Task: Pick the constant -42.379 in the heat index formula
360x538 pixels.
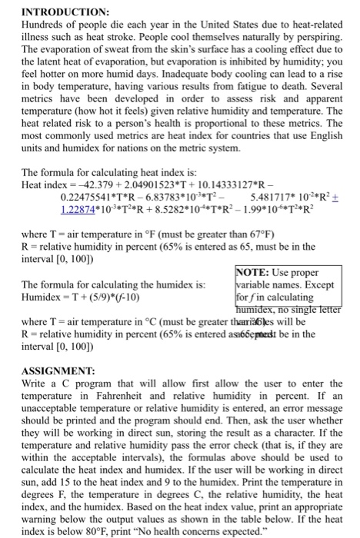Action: click(x=105, y=185)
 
